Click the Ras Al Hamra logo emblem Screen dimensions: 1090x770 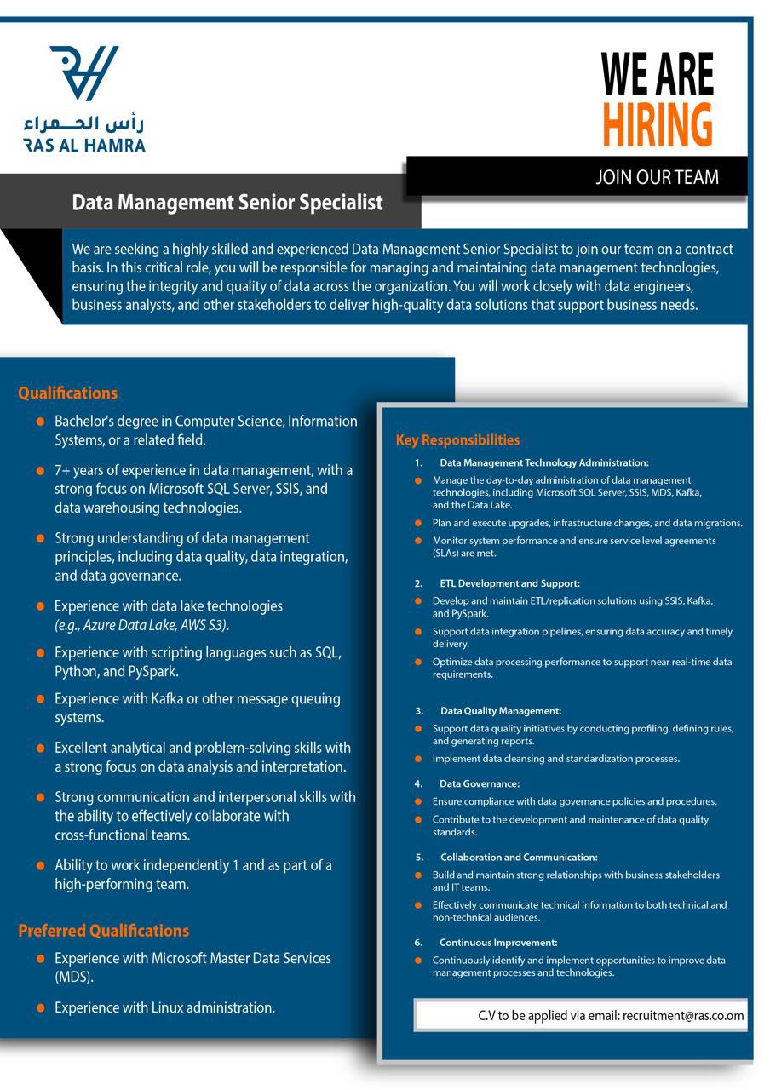point(83,73)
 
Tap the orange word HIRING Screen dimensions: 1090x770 point(657,125)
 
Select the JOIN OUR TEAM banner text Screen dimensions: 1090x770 point(657,177)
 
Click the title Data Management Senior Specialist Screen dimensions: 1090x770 point(227,203)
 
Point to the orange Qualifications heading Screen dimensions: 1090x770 point(67,393)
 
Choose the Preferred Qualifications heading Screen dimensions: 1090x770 point(103,931)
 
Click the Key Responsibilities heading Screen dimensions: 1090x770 point(457,440)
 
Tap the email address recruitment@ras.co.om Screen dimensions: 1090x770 point(683,1016)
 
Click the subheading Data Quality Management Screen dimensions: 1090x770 point(500,711)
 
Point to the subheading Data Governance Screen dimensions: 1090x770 point(480,783)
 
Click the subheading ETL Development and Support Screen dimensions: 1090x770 point(509,583)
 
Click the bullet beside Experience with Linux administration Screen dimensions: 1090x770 point(40,1008)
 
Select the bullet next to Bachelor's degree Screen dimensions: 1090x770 point(40,422)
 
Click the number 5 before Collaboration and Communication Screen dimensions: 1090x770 point(419,857)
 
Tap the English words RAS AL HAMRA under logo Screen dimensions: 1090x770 point(84,146)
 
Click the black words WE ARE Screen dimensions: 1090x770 point(657,75)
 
